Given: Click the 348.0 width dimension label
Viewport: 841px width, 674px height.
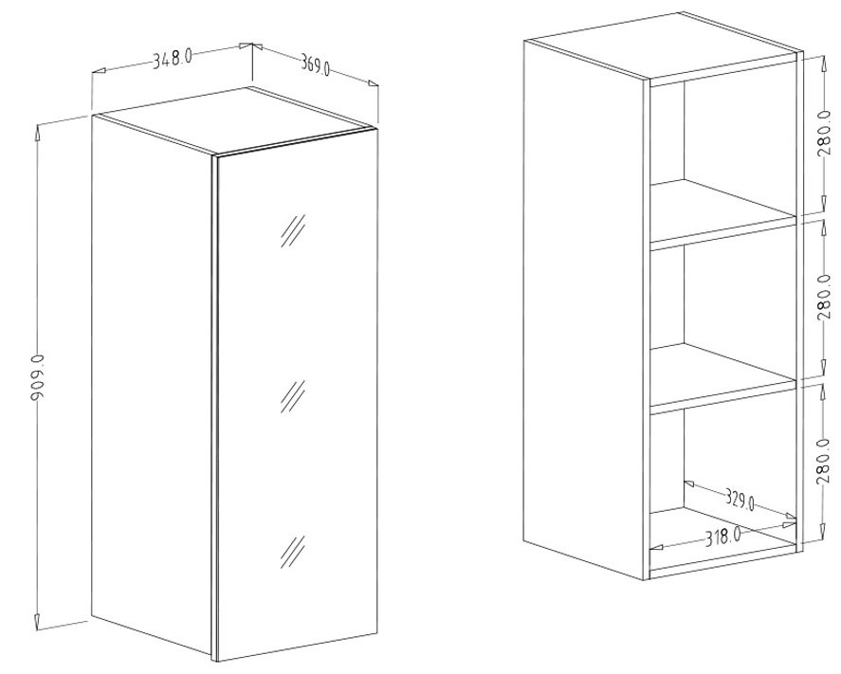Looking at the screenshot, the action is click(173, 58).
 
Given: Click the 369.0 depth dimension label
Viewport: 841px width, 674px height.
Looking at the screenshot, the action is click(316, 65).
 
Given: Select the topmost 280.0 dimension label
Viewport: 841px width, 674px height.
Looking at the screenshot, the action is click(824, 134).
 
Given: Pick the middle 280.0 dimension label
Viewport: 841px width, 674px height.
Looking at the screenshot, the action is click(824, 297).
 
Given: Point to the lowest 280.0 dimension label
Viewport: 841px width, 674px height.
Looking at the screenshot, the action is click(824, 461).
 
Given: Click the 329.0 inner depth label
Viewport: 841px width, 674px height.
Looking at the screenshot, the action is click(740, 500).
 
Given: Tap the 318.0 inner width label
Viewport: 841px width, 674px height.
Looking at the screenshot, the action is click(722, 537).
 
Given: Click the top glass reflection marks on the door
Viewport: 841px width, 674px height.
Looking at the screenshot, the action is click(293, 231).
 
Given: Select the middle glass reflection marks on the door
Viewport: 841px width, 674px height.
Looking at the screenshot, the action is click(293, 397).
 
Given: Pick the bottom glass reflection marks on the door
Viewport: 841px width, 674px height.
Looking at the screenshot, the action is click(293, 553).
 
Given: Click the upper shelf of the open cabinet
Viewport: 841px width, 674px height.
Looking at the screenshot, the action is click(722, 213).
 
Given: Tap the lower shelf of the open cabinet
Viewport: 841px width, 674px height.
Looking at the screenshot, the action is click(722, 378).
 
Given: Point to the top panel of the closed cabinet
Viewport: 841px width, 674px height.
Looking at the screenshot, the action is click(234, 121).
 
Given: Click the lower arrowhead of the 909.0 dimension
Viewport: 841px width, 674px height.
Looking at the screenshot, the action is click(38, 621).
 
